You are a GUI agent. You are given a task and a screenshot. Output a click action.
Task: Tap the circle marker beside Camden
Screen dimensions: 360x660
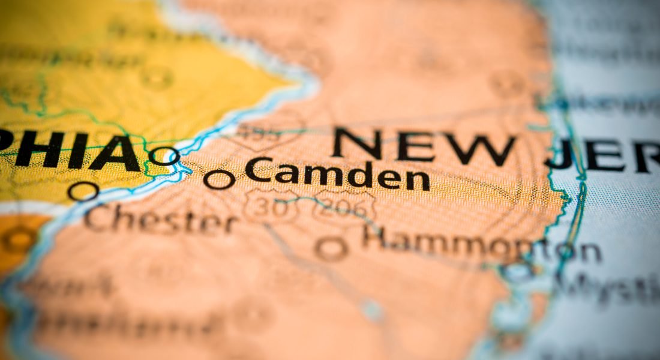219,179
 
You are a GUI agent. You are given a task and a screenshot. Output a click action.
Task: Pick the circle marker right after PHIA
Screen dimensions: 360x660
164,156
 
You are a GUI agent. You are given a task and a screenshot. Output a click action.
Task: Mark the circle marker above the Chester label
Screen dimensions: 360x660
83,191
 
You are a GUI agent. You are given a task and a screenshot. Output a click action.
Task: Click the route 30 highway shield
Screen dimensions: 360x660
264,206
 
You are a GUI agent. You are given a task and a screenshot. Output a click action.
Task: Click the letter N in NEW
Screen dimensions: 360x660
358,145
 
